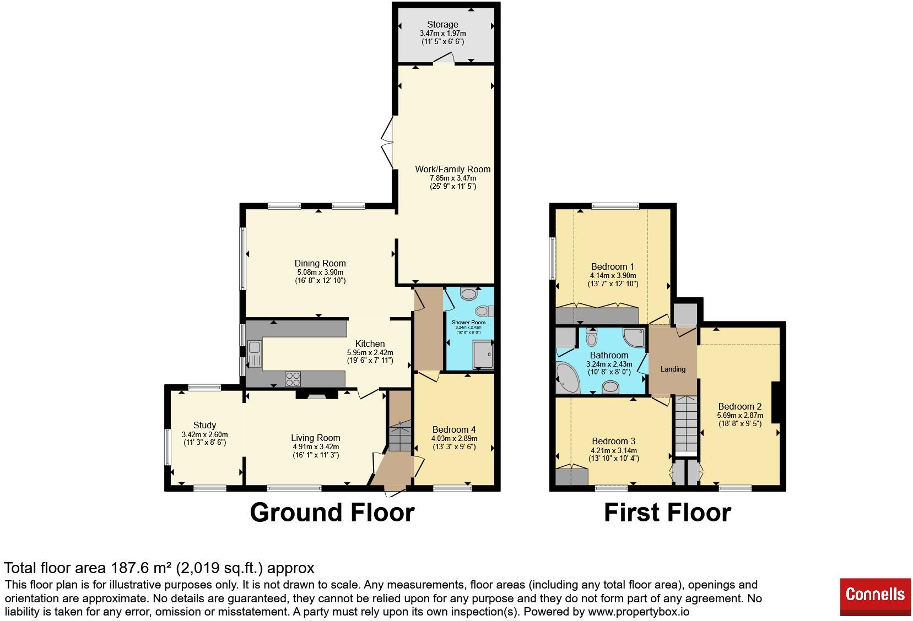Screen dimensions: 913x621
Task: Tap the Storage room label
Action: point(442,24)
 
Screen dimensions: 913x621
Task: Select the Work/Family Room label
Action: point(453,169)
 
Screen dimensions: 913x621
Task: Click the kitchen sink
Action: point(255,354)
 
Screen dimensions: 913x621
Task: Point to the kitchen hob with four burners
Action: point(293,379)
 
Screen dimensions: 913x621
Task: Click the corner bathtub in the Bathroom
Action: point(568,378)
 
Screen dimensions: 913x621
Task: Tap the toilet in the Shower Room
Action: point(484,311)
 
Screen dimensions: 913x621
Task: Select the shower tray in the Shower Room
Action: point(483,355)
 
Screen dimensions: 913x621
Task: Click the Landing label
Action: point(673,369)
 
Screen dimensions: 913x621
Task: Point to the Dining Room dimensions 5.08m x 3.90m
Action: point(320,273)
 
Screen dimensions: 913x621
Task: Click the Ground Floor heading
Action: point(332,513)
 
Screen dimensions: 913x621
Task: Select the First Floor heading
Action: point(667,513)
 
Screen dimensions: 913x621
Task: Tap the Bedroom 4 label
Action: point(454,429)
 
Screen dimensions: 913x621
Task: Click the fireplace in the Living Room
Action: point(317,394)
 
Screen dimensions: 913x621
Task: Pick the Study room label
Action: point(204,425)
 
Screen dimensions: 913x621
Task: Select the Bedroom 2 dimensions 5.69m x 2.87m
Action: point(740,415)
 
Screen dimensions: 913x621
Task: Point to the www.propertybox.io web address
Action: point(639,612)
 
